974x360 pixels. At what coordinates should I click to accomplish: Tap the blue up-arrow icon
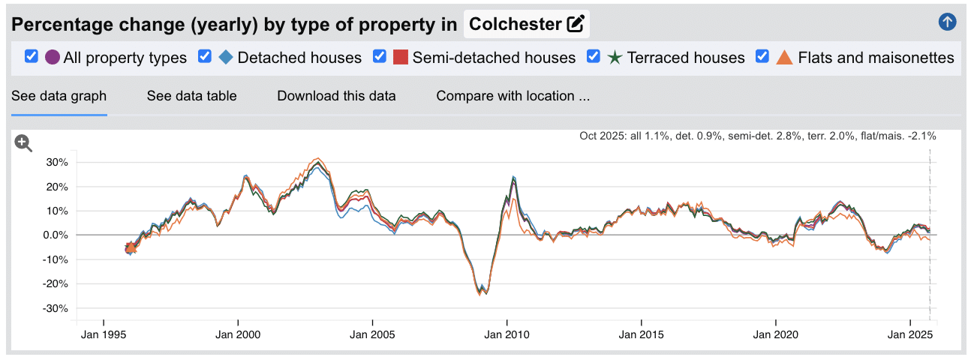(947, 22)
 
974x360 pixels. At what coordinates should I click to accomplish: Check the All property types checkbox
(32, 57)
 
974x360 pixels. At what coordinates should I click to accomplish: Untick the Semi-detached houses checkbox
(380, 57)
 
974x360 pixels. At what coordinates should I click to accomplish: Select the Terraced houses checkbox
(594, 57)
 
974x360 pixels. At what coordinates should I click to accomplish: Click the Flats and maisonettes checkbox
(762, 57)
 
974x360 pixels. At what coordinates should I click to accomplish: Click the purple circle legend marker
(53, 57)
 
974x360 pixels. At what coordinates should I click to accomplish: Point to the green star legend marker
(615, 57)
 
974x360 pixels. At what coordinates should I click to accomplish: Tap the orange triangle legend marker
(784, 57)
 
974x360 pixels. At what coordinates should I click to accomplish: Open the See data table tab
(191, 96)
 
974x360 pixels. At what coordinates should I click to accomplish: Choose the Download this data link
(336, 96)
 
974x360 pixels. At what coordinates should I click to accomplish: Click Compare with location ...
(513, 96)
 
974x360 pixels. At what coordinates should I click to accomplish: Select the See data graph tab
(59, 96)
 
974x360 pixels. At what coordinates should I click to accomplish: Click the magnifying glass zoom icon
(24, 143)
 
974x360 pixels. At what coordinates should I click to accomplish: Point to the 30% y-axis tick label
(57, 162)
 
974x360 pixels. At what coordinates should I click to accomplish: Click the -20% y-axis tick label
(56, 284)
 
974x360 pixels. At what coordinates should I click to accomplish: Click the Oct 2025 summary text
(757, 136)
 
